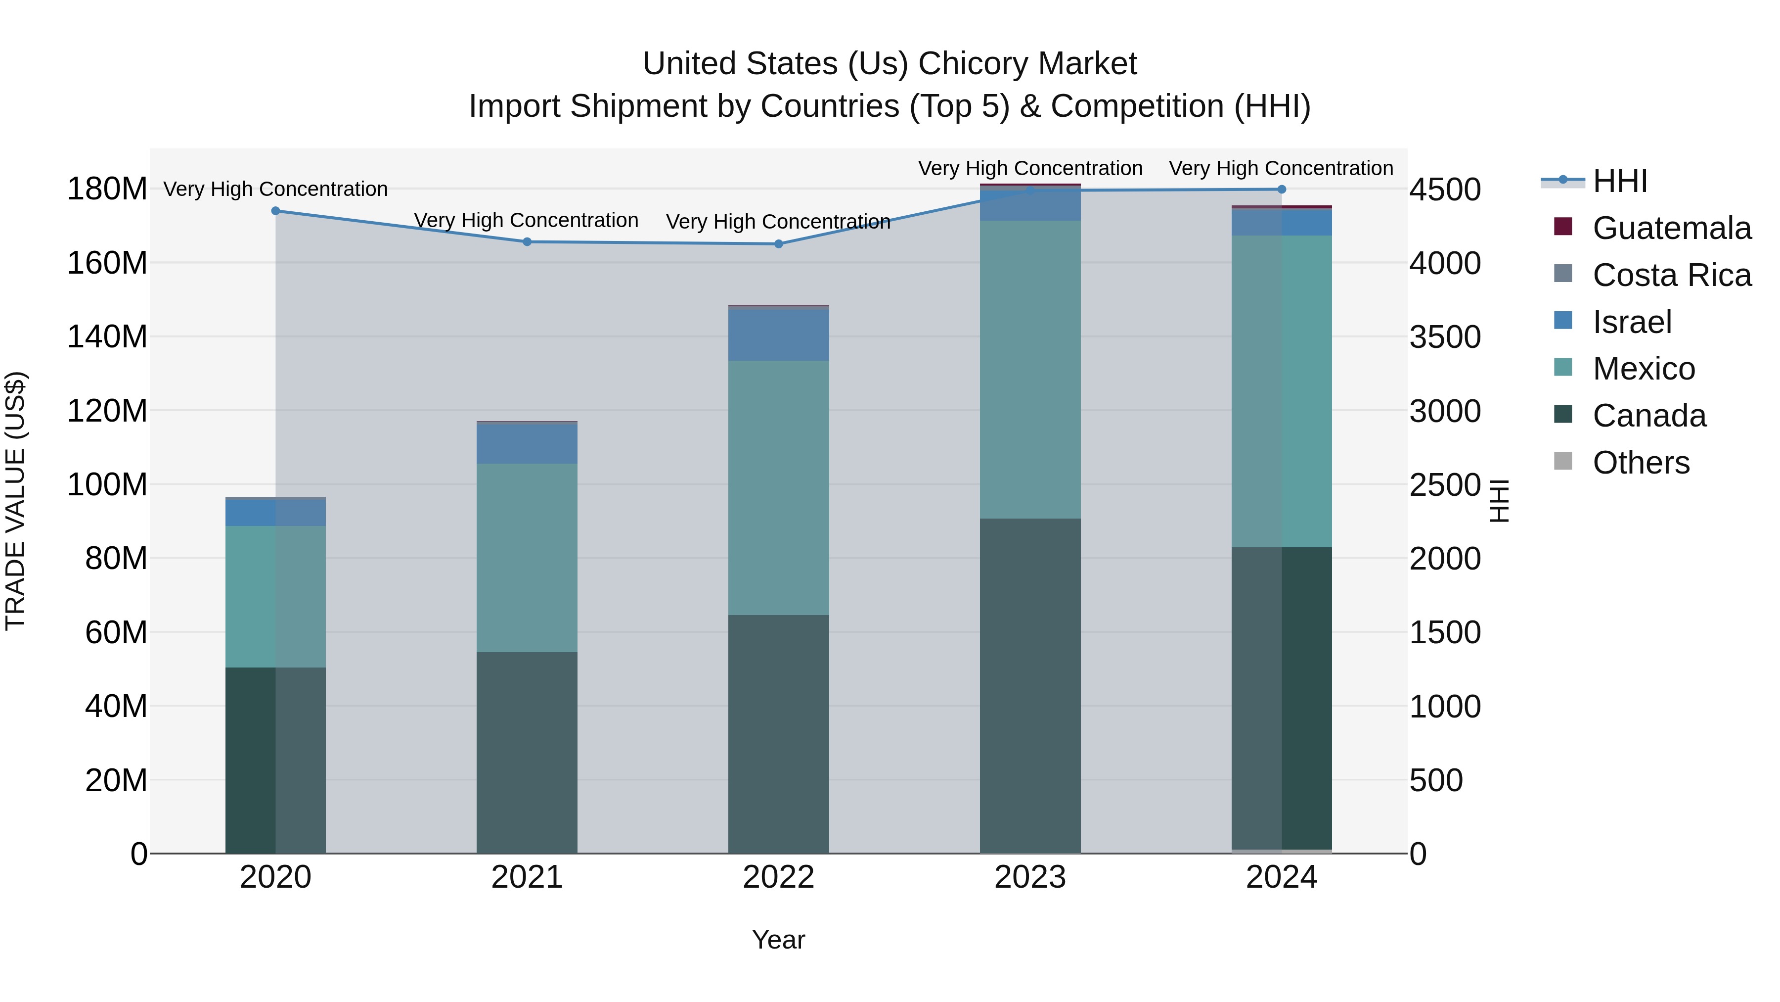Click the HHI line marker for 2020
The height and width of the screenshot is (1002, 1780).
(276, 211)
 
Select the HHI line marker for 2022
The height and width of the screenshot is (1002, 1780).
(779, 244)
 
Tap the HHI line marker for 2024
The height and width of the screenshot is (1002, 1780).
(1282, 190)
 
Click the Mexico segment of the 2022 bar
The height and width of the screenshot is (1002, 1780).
(779, 487)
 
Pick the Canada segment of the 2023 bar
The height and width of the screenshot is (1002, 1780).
(1030, 685)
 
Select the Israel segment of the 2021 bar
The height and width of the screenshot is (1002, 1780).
(527, 443)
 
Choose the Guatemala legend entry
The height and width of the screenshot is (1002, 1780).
(1672, 228)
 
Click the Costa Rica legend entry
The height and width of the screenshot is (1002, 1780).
(1672, 275)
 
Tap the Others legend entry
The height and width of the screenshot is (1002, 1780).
(1641, 463)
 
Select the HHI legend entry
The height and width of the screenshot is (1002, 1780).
(1620, 181)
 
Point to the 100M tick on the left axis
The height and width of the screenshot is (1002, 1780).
(107, 485)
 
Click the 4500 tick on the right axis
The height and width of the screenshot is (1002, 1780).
(1445, 190)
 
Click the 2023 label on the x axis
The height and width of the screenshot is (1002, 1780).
(1030, 877)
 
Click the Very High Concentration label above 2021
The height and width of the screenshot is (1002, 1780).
(526, 221)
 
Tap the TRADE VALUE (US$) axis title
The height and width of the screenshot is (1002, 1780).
(15, 501)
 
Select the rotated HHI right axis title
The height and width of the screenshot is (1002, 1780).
(1500, 501)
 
